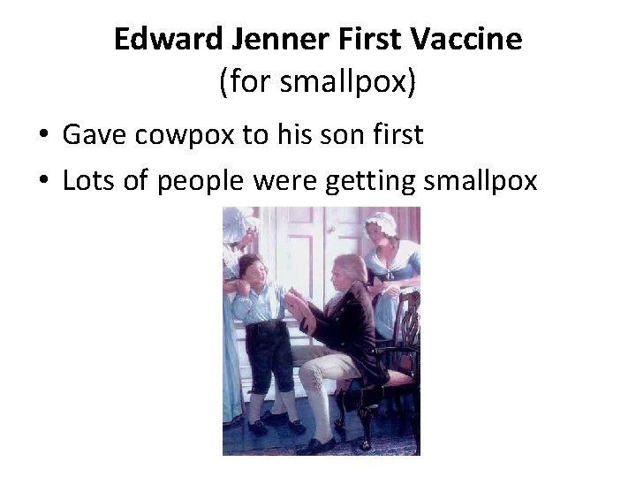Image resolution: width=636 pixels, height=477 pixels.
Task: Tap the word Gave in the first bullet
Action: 91,136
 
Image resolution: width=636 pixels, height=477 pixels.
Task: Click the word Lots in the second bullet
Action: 87,180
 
